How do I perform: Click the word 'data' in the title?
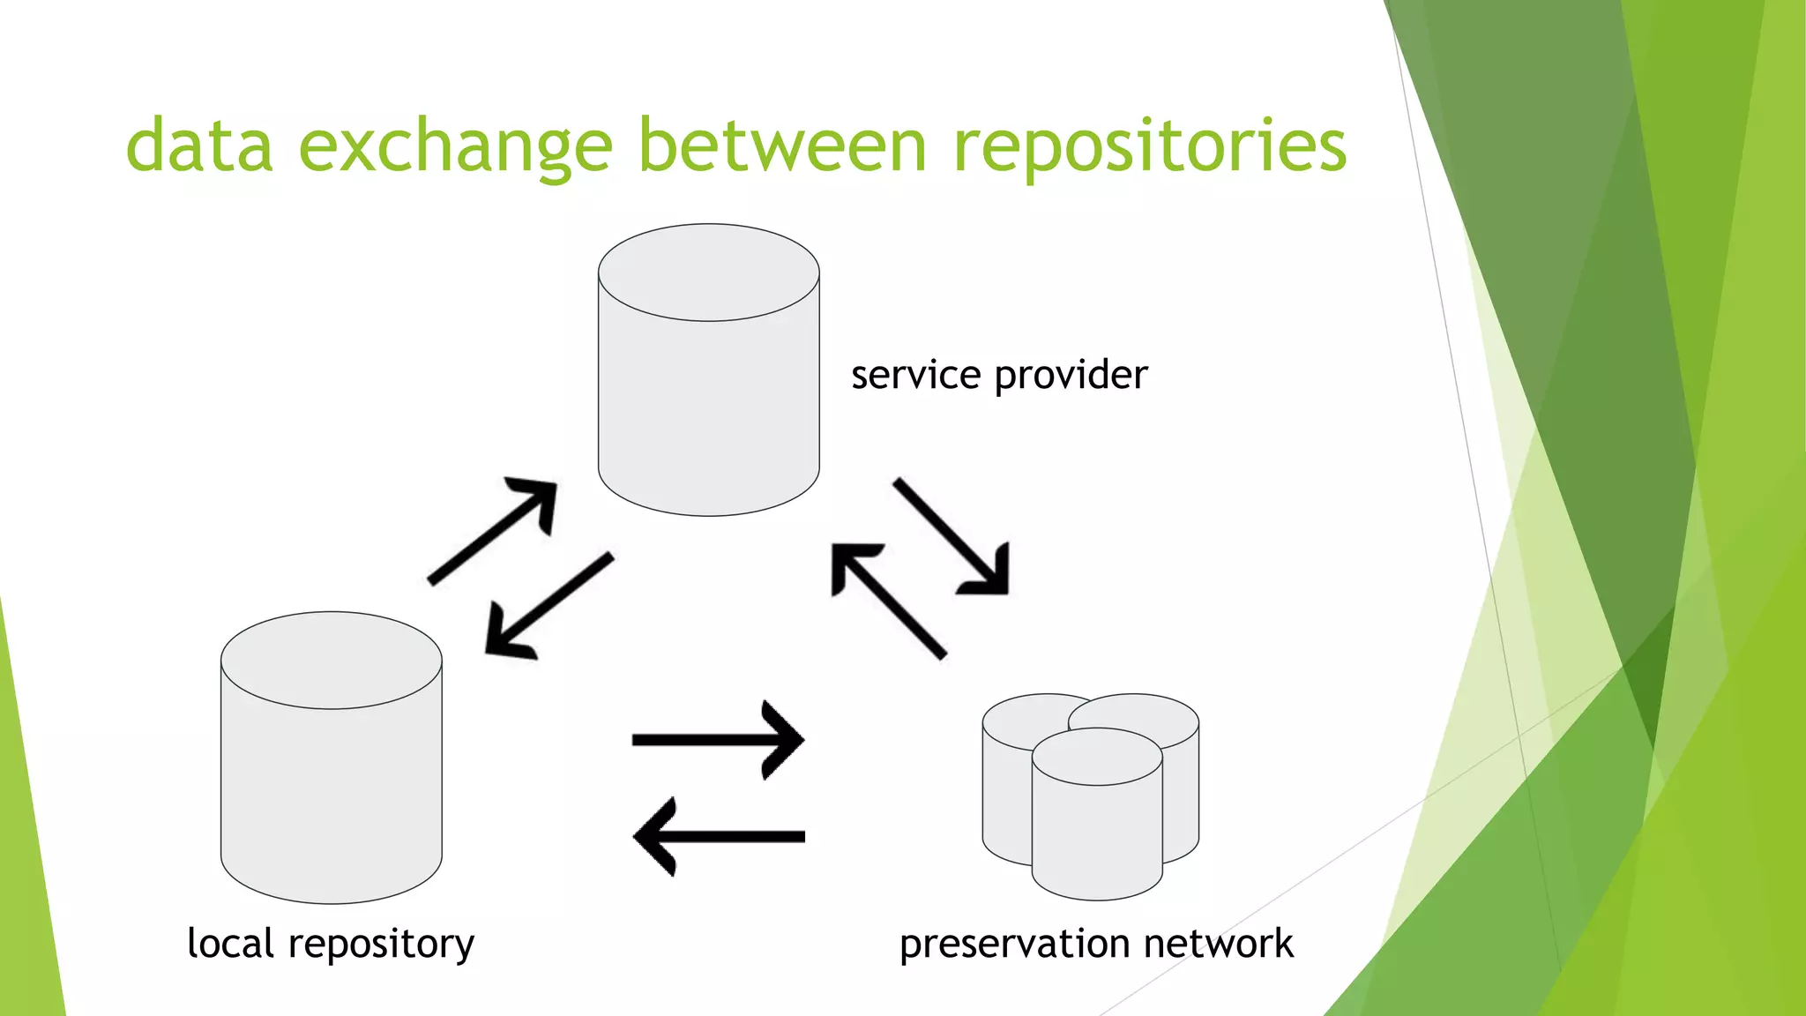click(199, 146)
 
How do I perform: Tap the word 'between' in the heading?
click(782, 146)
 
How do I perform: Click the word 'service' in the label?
click(915, 376)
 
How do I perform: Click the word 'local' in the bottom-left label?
click(231, 943)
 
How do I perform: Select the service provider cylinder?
click(708, 406)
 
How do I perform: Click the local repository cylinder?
click(331, 794)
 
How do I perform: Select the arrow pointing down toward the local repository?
click(547, 607)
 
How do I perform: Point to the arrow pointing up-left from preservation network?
click(886, 600)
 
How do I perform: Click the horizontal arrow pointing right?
click(718, 739)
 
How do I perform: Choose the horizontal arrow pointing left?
click(718, 836)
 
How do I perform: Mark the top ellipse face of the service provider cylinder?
click(708, 272)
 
